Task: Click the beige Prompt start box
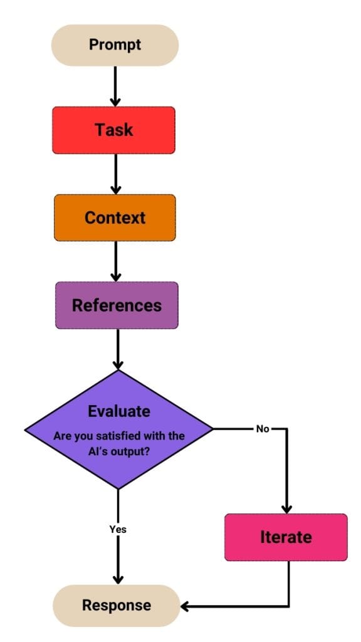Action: [115, 45]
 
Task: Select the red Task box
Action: [113, 130]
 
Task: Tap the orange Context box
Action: [115, 218]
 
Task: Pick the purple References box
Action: [117, 305]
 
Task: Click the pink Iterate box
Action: [286, 537]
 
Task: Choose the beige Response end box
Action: [116, 605]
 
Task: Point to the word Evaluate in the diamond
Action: [119, 411]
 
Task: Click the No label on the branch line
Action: [263, 429]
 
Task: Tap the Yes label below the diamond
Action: [118, 529]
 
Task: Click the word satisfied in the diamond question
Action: [116, 436]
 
